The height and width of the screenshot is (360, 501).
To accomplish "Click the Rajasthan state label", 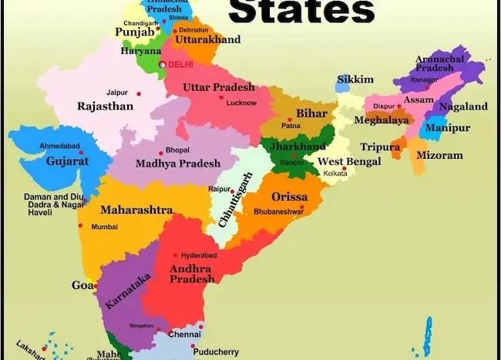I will [106, 106].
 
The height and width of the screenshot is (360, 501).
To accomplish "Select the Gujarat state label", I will [67, 162].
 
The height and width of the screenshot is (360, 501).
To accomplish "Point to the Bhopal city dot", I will [160, 152].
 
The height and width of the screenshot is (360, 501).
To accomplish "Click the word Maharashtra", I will [136, 210].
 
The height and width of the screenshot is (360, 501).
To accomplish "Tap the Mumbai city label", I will [104, 227].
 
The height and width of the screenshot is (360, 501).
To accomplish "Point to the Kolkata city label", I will [335, 173].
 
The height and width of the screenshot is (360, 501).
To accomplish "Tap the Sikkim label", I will [355, 79].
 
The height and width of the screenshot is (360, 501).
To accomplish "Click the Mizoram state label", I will [439, 155].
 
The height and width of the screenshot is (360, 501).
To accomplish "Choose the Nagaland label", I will [463, 106].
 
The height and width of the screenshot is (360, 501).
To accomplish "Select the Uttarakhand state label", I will [207, 39].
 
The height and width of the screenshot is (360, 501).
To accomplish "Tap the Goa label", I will [82, 284].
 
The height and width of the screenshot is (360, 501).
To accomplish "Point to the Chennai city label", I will [186, 335].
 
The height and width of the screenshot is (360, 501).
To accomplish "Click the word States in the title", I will [302, 11].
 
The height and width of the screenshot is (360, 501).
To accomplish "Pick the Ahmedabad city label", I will [59, 144].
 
